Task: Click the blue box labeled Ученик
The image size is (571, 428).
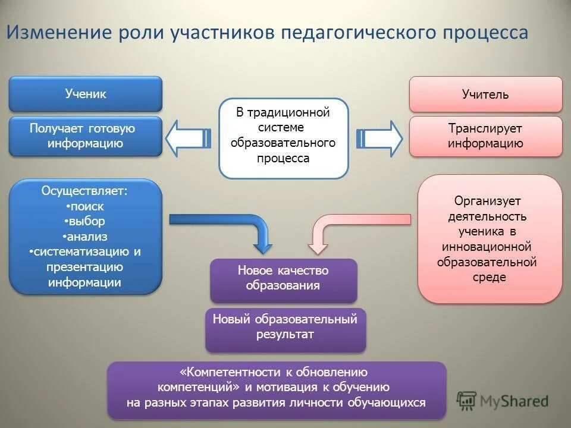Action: [86, 94]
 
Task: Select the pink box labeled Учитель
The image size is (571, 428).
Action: [485, 95]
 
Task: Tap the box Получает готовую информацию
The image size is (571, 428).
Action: [86, 136]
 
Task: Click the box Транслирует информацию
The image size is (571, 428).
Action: [485, 136]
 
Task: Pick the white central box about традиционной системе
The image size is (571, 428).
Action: [283, 138]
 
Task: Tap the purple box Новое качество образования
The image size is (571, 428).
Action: [283, 278]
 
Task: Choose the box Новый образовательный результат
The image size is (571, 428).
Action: [285, 327]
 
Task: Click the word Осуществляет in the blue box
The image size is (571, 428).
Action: [84, 191]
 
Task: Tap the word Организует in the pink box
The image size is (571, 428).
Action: [490, 201]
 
